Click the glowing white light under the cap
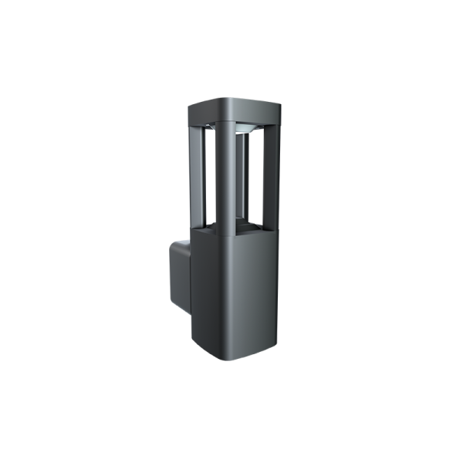(245, 125)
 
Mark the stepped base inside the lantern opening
(243, 226)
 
